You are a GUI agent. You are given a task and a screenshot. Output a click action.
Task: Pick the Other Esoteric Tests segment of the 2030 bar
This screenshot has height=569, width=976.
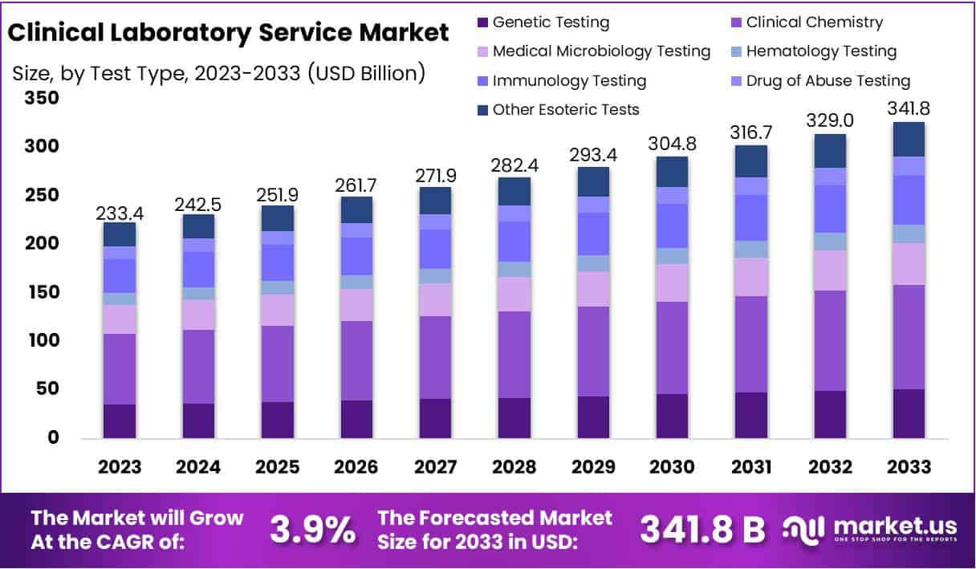[x=671, y=172]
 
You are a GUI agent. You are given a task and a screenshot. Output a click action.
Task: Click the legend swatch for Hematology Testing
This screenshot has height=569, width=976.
[x=735, y=51]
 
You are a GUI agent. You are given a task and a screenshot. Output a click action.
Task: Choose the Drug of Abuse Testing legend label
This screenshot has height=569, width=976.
[x=828, y=80]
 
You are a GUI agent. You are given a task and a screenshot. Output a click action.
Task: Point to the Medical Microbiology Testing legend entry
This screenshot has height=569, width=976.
[x=601, y=51]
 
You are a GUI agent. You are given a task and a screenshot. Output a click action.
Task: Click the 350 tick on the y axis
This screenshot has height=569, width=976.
[x=41, y=98]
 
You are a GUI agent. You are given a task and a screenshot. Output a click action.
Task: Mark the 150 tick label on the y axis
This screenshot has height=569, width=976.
[x=41, y=292]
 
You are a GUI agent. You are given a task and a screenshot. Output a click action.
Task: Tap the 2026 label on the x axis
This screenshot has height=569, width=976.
[x=356, y=467]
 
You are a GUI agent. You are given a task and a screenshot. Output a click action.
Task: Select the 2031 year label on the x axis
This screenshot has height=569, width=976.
[x=750, y=467]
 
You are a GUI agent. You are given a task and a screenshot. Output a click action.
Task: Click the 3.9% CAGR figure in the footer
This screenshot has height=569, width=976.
[x=312, y=530]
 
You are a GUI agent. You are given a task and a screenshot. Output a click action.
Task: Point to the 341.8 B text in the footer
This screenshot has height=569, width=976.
[x=701, y=530]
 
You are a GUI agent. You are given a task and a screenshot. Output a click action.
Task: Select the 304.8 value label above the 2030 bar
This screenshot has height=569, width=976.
[x=671, y=144]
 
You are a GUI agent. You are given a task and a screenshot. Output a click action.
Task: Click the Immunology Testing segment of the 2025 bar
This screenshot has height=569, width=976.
[x=277, y=262]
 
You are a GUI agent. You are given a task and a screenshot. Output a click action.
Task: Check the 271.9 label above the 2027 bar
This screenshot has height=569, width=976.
[x=434, y=176]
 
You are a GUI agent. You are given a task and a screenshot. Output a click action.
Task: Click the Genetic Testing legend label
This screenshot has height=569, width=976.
[x=551, y=22]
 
